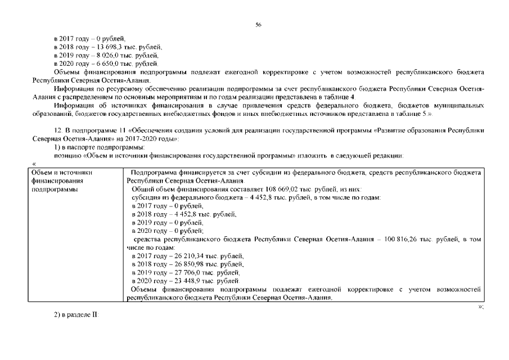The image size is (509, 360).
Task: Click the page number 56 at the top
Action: (258, 25)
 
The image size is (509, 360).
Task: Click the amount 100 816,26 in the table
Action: (402, 239)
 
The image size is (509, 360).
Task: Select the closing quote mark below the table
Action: (480, 307)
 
